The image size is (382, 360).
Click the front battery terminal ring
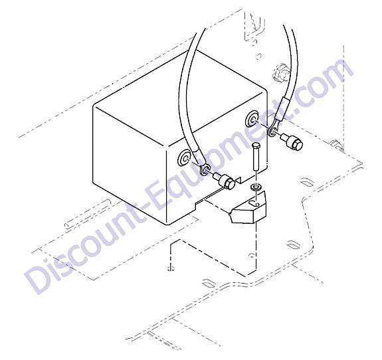(185, 158)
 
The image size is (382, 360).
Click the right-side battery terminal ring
(253, 119)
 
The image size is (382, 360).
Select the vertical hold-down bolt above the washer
(256, 157)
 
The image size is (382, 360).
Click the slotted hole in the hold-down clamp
(253, 203)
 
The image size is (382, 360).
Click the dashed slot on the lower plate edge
(209, 283)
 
